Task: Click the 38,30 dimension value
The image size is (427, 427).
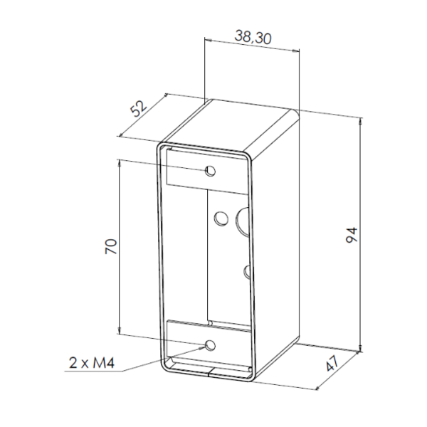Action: tap(253, 37)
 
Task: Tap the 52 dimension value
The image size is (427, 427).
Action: tap(139, 108)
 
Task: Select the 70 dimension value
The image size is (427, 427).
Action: tap(111, 246)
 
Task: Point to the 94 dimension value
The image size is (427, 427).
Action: tap(352, 235)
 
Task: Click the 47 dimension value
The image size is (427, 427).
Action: tap(332, 363)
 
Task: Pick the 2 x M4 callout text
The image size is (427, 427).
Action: tap(92, 363)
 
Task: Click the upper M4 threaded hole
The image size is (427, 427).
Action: tap(210, 171)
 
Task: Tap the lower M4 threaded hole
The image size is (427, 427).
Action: tap(210, 345)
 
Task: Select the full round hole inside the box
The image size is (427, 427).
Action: tap(221, 218)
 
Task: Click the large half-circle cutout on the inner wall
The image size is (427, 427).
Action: tap(243, 221)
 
